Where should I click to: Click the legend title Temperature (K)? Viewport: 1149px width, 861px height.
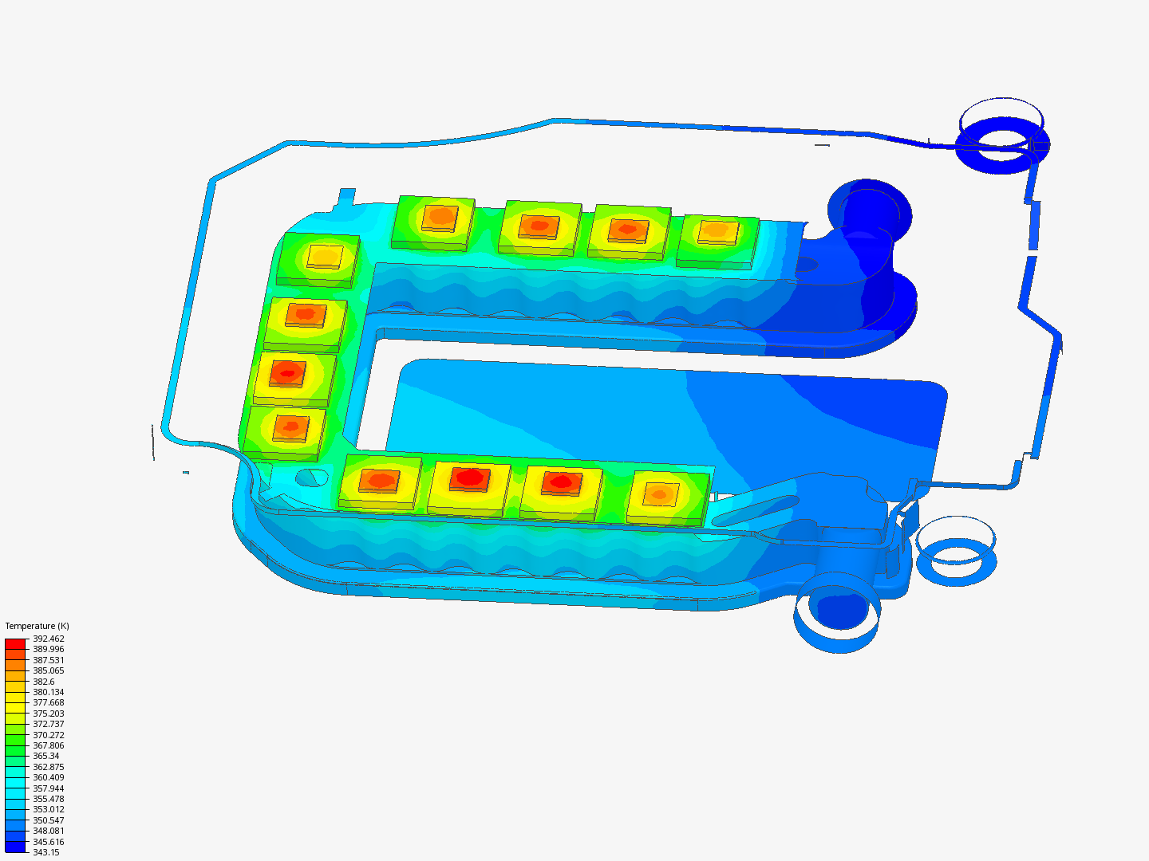(x=38, y=626)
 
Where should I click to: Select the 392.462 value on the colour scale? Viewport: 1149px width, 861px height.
(x=49, y=639)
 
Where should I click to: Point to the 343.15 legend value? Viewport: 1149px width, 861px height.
(x=46, y=852)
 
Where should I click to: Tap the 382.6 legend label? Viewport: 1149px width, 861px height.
(x=44, y=681)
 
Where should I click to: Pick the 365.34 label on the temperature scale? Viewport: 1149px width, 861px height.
(x=46, y=756)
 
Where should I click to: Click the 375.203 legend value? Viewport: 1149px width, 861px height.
(x=49, y=713)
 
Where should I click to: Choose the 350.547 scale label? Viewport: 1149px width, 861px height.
(x=49, y=820)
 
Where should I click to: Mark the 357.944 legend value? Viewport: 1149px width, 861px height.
(x=49, y=788)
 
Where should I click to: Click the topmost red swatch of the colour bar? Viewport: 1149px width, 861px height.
(x=15, y=643)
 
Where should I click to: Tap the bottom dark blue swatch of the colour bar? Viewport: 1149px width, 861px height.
(x=15, y=847)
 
